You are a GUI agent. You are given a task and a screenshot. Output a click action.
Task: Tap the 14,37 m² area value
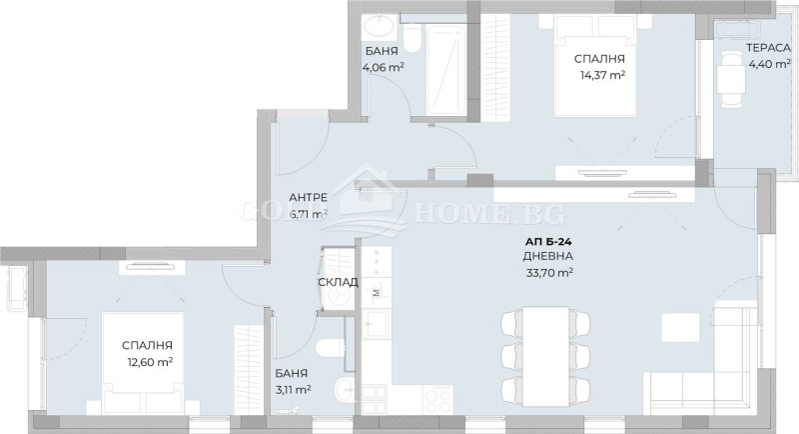[599, 75]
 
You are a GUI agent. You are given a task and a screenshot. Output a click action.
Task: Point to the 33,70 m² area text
[547, 272]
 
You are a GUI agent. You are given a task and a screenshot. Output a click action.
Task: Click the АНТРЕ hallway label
[308, 197]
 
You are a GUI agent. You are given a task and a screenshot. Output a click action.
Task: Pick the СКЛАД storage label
[338, 282]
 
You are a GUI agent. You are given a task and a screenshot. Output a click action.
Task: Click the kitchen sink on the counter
[377, 325]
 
